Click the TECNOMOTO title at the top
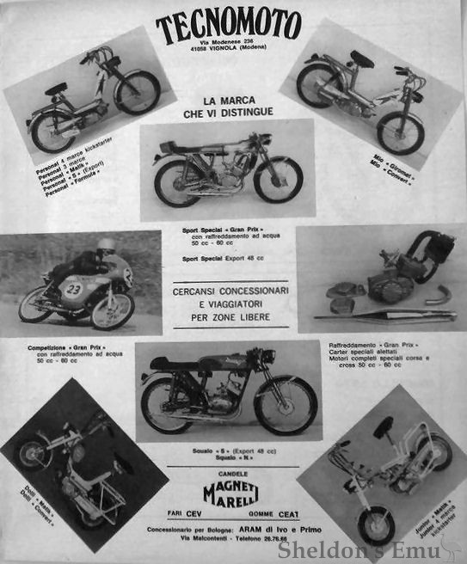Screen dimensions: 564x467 point(229,25)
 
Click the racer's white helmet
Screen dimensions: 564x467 point(105,245)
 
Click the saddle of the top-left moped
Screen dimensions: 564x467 point(56,89)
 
